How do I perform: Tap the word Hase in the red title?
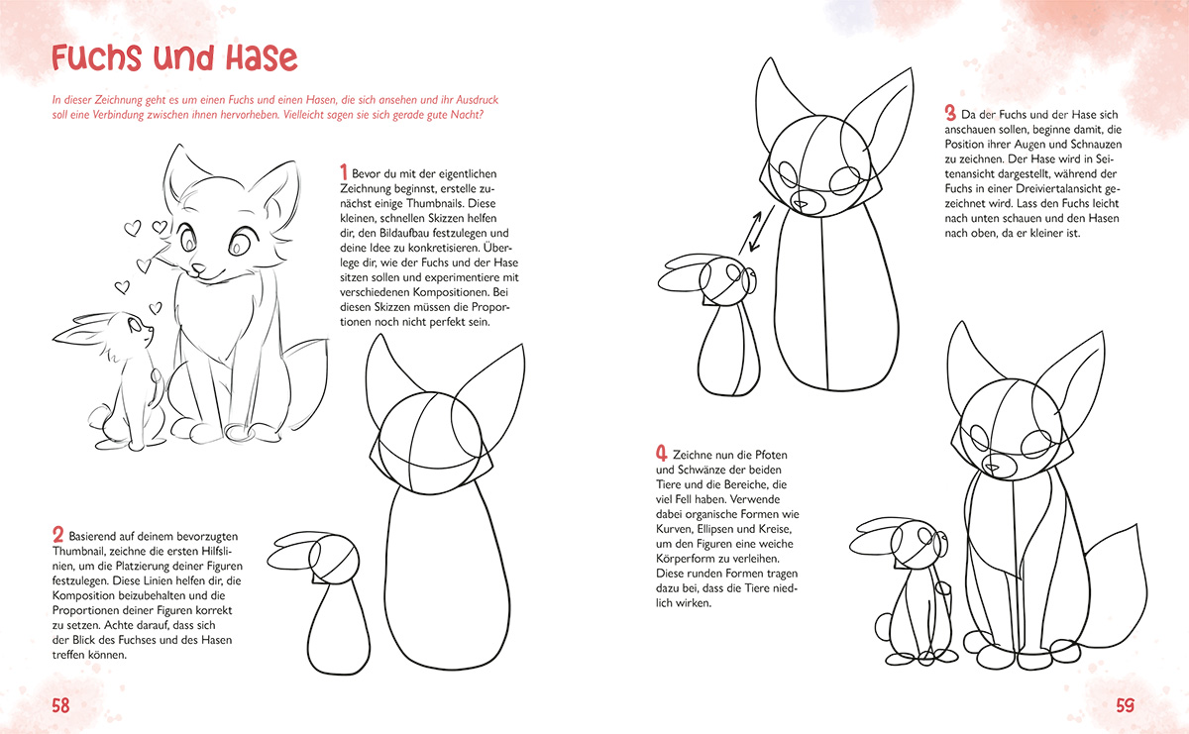coord(262,58)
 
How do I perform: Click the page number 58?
coord(61,705)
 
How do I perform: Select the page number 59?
coord(1125,705)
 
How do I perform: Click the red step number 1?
coord(344,172)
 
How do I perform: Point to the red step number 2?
coord(57,535)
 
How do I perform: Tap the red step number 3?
coord(950,113)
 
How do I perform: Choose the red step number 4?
coord(662,454)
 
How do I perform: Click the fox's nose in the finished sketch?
coord(197,268)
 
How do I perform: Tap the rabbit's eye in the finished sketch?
coord(135,323)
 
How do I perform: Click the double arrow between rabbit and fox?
coord(755,232)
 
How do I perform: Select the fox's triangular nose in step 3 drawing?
coord(801,204)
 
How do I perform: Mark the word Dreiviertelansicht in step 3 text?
coord(1056,188)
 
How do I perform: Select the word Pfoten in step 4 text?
coord(771,455)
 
